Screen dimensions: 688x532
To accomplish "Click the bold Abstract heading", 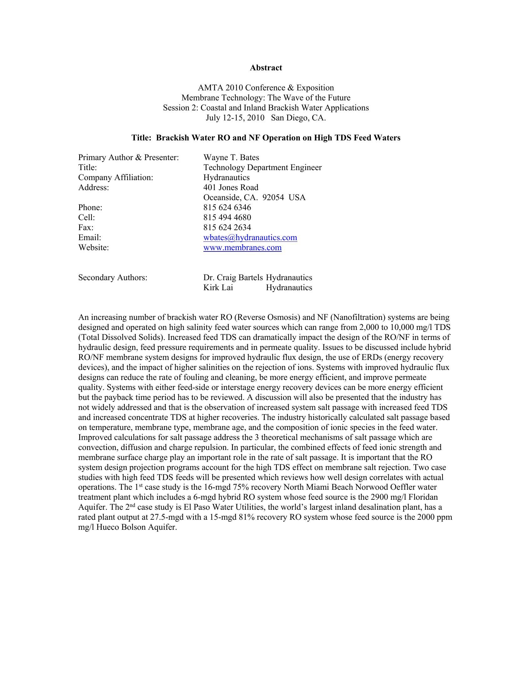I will click(x=266, y=68).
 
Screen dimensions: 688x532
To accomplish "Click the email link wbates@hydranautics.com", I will click(x=250, y=238).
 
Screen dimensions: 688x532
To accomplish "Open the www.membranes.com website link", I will click(x=242, y=248).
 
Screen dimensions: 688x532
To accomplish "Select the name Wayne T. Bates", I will click(x=231, y=158).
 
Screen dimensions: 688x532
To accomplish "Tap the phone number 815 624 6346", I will click(x=227, y=208).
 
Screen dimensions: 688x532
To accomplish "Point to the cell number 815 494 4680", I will click(x=227, y=218).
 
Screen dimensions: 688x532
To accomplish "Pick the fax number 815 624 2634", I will click(x=227, y=227).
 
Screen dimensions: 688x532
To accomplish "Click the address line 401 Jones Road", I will click(x=231, y=188).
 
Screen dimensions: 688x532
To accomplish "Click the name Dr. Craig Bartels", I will click(x=233, y=277).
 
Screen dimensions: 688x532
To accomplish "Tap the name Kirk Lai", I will click(x=218, y=288).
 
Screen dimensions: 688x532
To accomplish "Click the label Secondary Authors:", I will click(x=113, y=277).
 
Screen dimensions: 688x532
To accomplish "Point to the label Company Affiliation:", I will click(x=116, y=178).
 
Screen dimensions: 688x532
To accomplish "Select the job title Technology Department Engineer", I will click(x=262, y=168).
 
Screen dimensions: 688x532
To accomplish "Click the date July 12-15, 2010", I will click(x=235, y=118).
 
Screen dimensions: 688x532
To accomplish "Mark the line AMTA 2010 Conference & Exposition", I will click(x=266, y=88).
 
